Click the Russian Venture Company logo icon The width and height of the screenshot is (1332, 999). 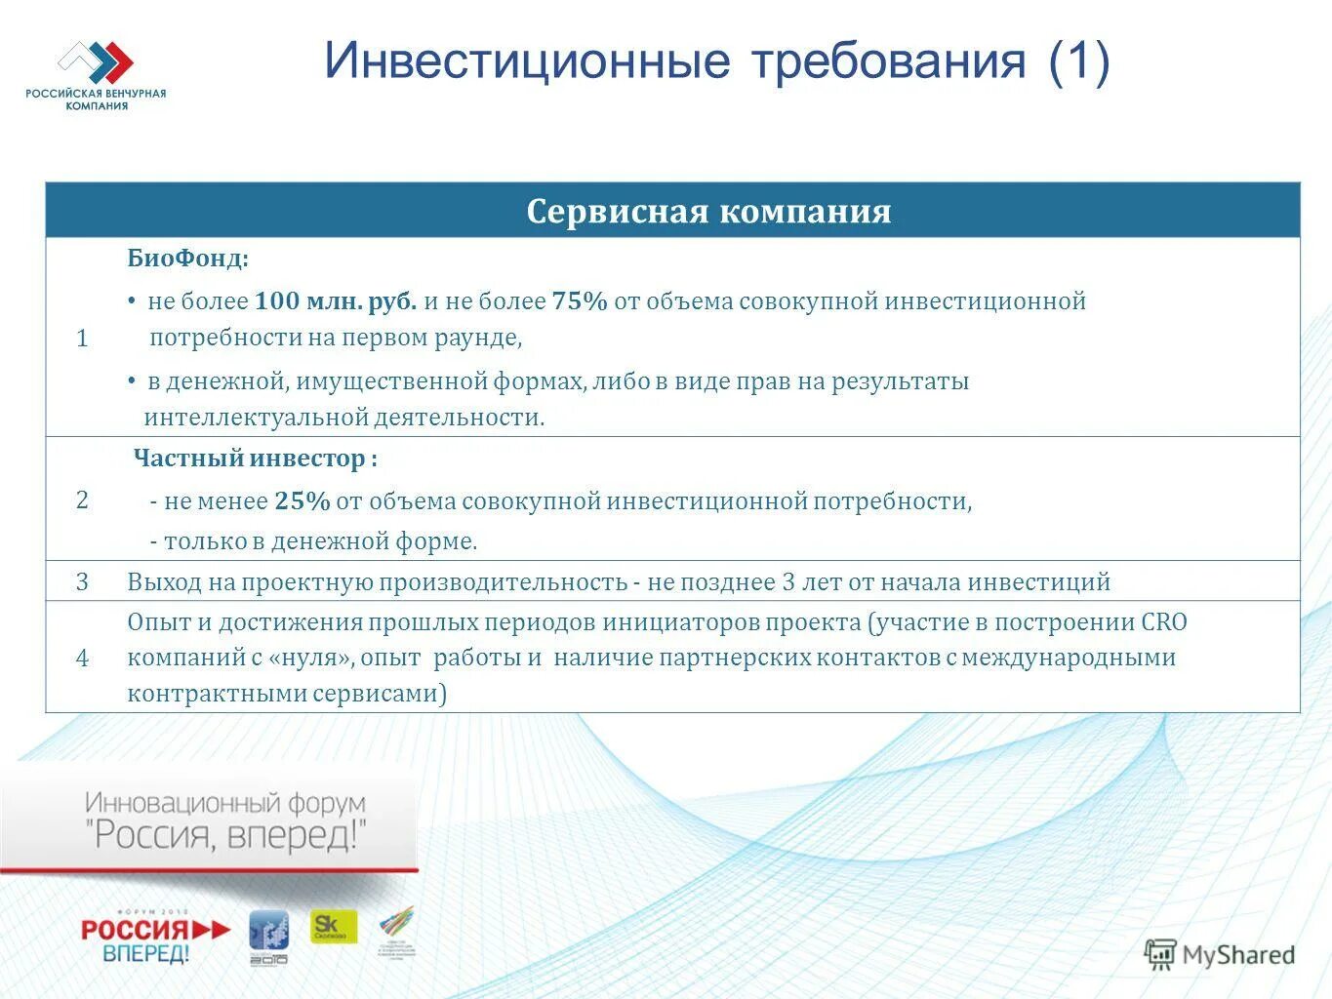point(96,61)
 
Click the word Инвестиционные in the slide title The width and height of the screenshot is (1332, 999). point(527,60)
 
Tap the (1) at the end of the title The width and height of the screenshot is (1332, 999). point(1079,60)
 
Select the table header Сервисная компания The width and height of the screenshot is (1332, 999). point(708,212)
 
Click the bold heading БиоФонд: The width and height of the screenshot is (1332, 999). point(188,259)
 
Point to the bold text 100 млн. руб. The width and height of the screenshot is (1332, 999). point(336,301)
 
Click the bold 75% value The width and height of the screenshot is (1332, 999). point(580,301)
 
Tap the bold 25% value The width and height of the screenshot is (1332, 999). point(303,501)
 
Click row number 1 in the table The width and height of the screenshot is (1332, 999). point(82,339)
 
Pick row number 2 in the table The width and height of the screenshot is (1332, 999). point(82,500)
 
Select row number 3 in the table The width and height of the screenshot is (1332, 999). point(82,582)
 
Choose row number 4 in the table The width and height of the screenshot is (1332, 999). point(82,659)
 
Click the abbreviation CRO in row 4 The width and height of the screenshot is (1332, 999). point(1163,622)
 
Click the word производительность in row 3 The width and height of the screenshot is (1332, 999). point(503,582)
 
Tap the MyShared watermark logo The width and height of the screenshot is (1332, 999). point(1220,954)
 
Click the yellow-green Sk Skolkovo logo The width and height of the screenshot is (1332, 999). point(334,927)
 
